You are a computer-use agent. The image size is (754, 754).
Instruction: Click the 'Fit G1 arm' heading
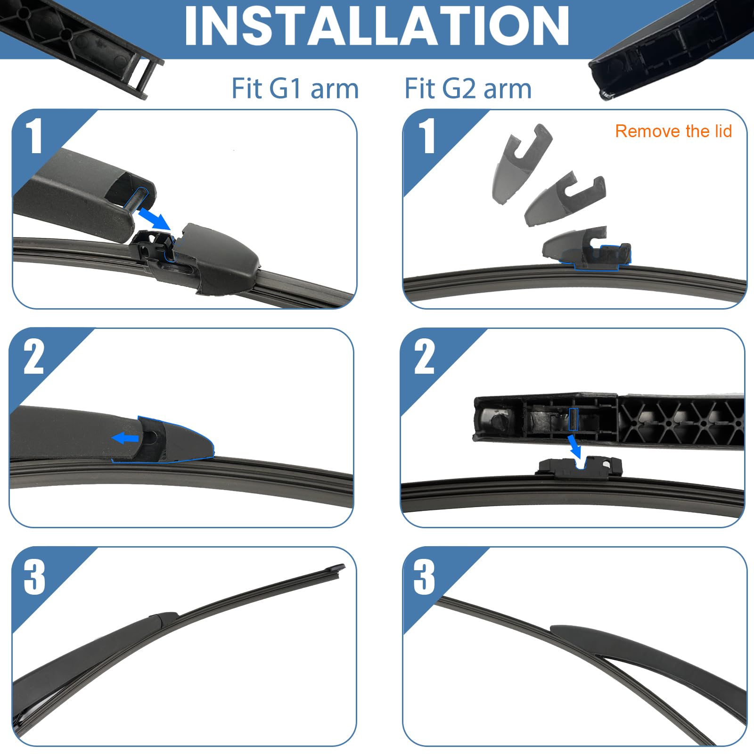(295, 89)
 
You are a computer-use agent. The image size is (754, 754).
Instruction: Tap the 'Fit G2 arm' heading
(468, 89)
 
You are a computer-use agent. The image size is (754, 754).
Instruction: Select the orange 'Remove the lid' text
(673, 131)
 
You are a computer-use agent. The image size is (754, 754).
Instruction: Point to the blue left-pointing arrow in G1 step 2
(125, 438)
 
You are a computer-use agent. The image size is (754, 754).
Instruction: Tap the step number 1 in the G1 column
(34, 137)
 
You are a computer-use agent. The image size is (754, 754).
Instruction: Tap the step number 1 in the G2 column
(427, 137)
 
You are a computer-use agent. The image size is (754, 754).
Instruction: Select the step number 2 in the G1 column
(34, 357)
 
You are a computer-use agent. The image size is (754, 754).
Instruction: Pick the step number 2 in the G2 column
(425, 357)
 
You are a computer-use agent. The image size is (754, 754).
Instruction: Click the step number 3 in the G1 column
(34, 577)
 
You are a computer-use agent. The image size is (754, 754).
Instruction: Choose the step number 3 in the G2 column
(424, 577)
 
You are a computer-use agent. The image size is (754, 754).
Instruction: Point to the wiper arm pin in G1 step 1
(136, 198)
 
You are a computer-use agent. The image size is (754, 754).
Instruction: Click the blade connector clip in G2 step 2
(580, 467)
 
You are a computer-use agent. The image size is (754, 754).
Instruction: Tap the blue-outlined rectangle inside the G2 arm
(573, 419)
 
